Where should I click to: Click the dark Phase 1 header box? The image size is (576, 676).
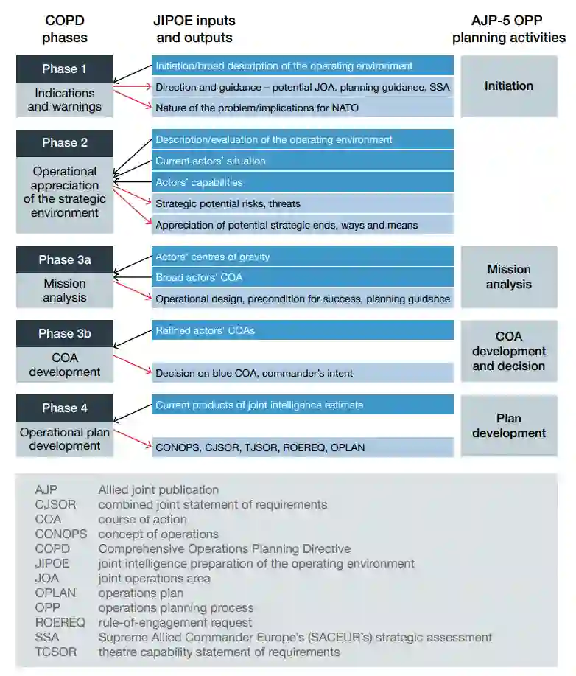64,69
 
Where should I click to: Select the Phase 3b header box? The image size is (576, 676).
64,333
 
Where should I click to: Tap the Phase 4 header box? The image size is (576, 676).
64,408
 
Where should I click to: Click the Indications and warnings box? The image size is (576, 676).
64,100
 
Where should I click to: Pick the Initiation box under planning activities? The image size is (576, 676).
508,86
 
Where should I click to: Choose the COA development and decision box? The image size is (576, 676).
508,351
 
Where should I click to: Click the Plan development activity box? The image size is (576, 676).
508,425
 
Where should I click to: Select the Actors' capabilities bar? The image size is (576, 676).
302,182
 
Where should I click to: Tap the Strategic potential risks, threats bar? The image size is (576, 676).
302,203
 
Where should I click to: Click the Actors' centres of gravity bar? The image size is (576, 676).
302,257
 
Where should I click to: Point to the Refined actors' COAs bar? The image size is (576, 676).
302,330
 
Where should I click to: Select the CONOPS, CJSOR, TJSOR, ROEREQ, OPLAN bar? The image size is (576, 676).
302,447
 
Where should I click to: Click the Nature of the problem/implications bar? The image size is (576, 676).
302,108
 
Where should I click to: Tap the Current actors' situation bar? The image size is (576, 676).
302,161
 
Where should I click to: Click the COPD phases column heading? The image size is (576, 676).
64,29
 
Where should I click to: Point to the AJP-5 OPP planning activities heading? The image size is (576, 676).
508,29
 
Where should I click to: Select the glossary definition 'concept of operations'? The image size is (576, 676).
158,534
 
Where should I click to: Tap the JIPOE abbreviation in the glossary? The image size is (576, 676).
52,563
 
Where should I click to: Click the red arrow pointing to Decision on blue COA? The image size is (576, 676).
132,363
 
